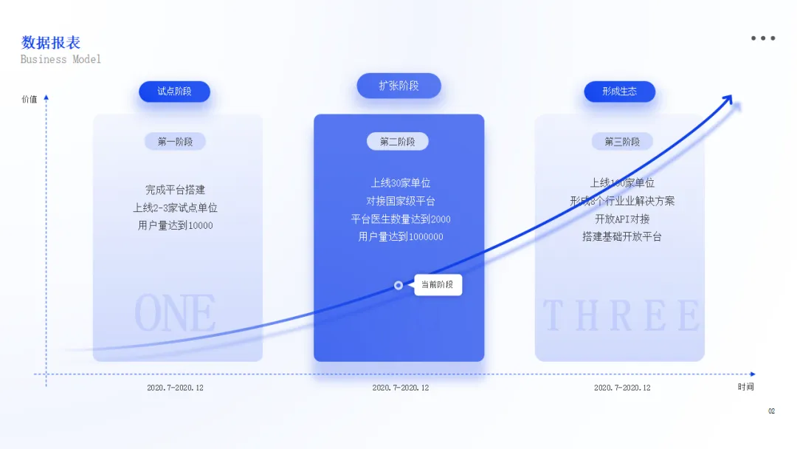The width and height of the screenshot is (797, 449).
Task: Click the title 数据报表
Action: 51,43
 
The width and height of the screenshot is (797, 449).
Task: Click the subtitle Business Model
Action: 61,59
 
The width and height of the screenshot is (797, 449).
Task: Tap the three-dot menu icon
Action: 763,38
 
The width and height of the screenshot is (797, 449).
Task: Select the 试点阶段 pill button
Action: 174,92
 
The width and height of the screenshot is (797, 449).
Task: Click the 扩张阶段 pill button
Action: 398,86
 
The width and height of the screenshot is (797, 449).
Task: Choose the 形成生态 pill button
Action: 619,92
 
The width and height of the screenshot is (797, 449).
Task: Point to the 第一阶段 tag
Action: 175,142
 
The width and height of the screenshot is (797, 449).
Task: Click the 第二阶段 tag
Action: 398,142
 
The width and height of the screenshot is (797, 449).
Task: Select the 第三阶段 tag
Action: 622,142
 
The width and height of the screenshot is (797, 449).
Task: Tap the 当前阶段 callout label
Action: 438,285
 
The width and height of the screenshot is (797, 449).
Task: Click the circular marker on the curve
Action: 398,285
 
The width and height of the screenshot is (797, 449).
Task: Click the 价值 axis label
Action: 30,99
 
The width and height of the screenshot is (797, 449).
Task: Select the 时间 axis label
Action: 745,387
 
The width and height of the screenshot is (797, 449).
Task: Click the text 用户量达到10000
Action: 176,225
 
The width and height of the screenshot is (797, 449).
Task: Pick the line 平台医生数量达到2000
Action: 401,219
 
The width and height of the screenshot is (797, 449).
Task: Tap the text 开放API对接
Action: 622,219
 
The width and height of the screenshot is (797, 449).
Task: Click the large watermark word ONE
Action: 175,314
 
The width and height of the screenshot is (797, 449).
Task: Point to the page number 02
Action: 771,411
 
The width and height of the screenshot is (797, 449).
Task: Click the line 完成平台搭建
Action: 175,190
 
